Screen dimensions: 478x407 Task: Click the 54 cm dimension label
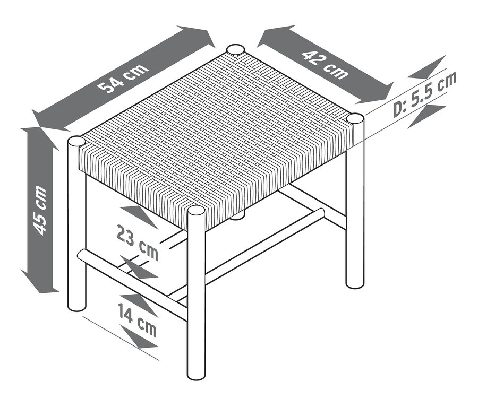(123, 79)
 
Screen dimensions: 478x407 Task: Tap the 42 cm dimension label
(325, 65)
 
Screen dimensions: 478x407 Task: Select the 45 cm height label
(40, 210)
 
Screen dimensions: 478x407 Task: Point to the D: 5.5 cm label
(425, 94)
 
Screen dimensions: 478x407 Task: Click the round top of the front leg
(195, 210)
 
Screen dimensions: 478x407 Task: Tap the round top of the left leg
(76, 141)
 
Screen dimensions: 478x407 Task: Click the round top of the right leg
(355, 118)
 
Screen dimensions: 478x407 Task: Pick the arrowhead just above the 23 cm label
(139, 215)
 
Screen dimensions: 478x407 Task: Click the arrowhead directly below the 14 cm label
(139, 336)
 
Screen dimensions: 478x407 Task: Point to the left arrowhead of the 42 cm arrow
(275, 35)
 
